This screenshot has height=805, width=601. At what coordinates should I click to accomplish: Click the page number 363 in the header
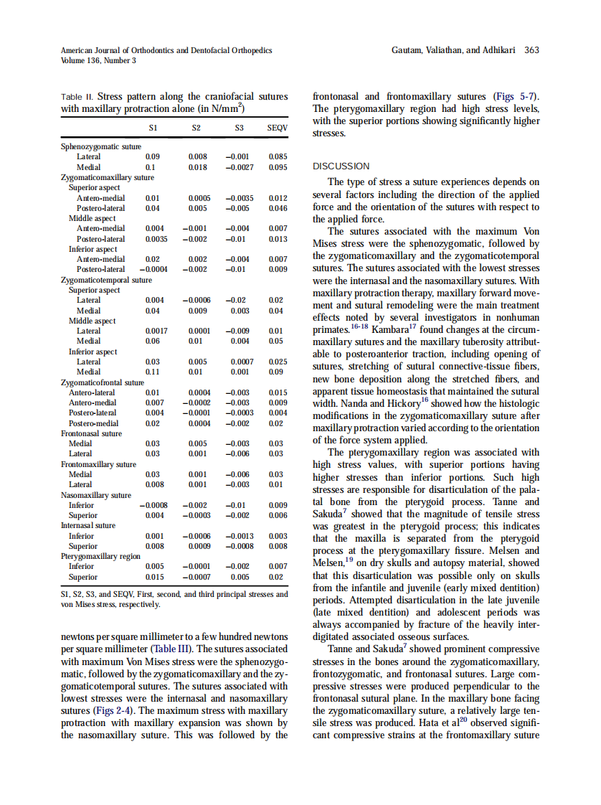pos(532,50)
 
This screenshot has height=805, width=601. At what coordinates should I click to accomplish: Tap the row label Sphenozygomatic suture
pos(101,146)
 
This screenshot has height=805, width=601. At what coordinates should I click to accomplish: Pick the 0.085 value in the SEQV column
pos(278,156)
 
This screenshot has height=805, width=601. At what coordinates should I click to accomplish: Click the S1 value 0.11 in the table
pos(152,372)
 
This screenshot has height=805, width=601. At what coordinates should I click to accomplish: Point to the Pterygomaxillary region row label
pos(100,556)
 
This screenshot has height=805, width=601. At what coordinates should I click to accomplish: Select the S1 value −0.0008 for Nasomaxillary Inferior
pos(152,505)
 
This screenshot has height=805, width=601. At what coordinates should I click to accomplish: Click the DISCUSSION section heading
pos(341,166)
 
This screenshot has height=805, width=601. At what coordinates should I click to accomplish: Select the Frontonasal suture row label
pos(91,433)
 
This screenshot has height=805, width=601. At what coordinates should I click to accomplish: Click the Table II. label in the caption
pos(77,96)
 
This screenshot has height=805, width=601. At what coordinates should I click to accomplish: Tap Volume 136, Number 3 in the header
pos(99,60)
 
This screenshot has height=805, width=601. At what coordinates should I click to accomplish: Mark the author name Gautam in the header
pos(410,50)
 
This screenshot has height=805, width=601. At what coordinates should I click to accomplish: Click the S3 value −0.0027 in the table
pos(236,167)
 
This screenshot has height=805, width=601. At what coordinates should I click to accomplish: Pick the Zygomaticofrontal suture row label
pos(103,382)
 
